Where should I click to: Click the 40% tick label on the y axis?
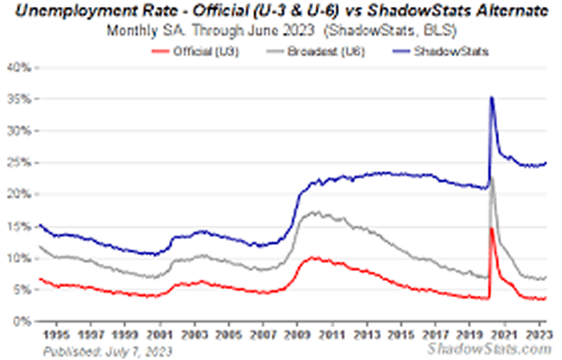coord(19,67)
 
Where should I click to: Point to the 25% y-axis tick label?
coord(19,163)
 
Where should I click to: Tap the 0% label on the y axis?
coord(22,321)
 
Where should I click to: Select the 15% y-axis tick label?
coord(19,227)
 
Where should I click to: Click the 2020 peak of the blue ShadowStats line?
coord(492,97)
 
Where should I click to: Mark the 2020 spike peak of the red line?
coord(492,228)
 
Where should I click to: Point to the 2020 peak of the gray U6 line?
coord(492,178)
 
